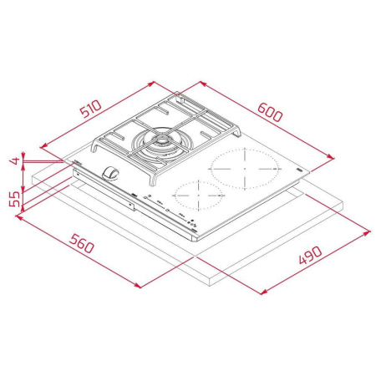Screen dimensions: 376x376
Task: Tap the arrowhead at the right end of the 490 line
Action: (x=370, y=226)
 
